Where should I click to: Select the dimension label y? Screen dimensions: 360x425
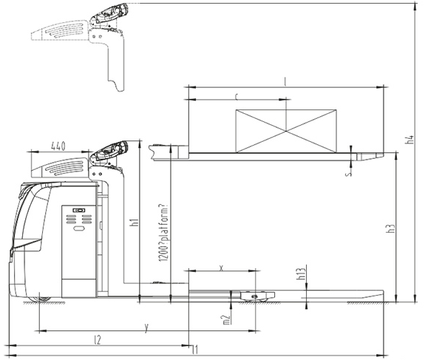[x=146, y=325]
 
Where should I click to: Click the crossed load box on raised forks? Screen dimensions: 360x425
[x=285, y=131]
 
